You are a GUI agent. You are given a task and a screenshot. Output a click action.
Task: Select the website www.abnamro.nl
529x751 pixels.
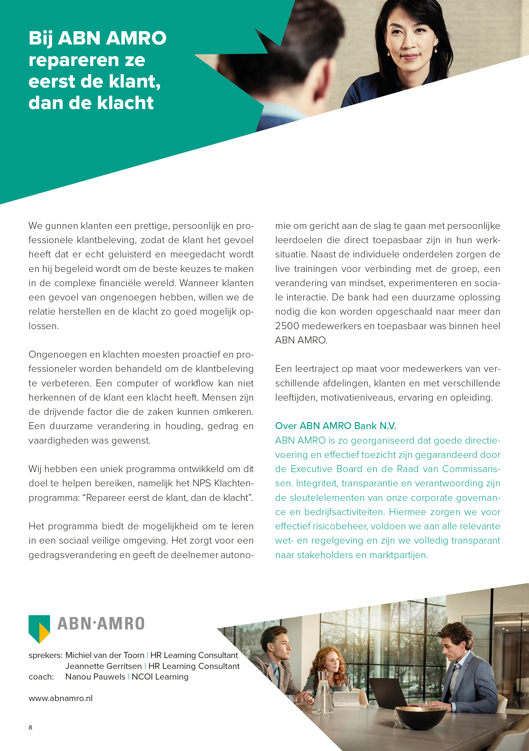pos(61,698)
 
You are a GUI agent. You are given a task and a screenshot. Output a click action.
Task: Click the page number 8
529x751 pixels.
pos(30,727)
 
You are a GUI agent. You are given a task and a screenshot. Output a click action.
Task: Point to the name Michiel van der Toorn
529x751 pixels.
pos(105,655)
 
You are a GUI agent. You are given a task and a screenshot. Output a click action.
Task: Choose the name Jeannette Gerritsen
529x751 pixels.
pos(103,666)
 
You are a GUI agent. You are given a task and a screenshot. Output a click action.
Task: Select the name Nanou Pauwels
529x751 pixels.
pos(95,677)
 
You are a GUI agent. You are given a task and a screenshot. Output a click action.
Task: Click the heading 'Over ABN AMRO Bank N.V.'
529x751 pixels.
pos(335,426)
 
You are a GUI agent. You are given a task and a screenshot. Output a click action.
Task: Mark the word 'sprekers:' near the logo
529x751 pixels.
pos(45,656)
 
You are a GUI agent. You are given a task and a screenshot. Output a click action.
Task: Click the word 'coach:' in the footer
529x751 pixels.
pos(41,677)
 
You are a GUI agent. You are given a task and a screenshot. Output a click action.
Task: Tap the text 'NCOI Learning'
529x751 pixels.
pos(160,677)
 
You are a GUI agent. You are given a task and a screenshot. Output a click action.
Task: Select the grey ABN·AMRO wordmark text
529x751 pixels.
pos(101,624)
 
